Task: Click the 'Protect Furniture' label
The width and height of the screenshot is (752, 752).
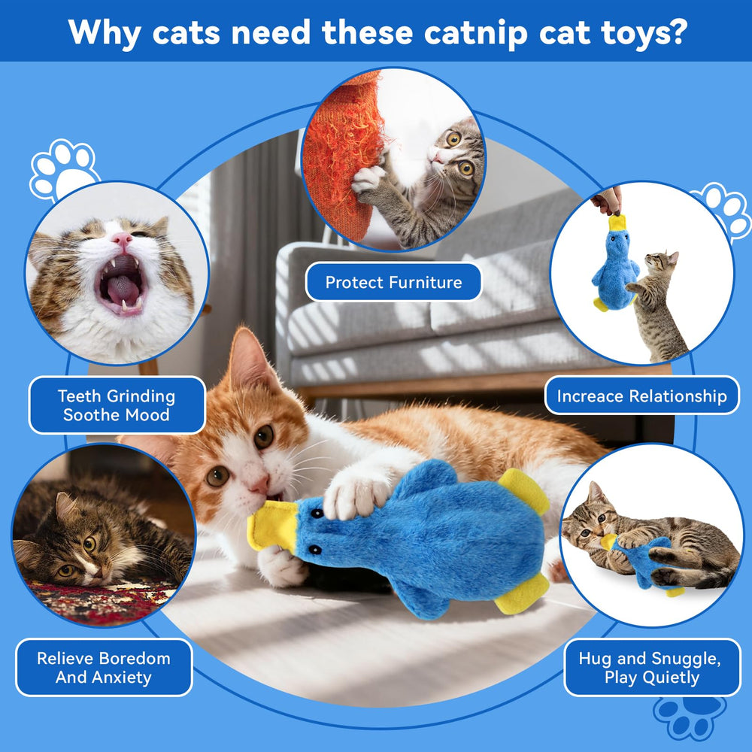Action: [x=393, y=283]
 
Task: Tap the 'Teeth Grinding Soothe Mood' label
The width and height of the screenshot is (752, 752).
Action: [x=117, y=405]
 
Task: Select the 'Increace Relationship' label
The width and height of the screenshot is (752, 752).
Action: [x=641, y=396]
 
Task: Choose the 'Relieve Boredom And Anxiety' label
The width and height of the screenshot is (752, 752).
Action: [x=104, y=667]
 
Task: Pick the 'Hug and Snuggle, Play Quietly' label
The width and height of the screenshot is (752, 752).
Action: [x=651, y=667]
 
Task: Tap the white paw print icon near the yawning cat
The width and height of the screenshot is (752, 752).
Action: [x=63, y=169]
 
